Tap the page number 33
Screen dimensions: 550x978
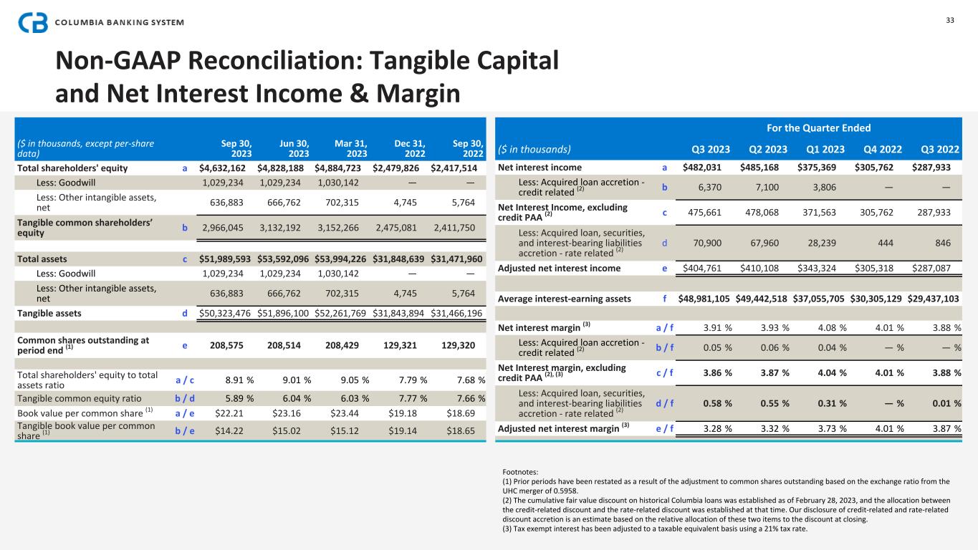click(x=950, y=19)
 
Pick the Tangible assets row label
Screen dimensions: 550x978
click(x=49, y=313)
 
